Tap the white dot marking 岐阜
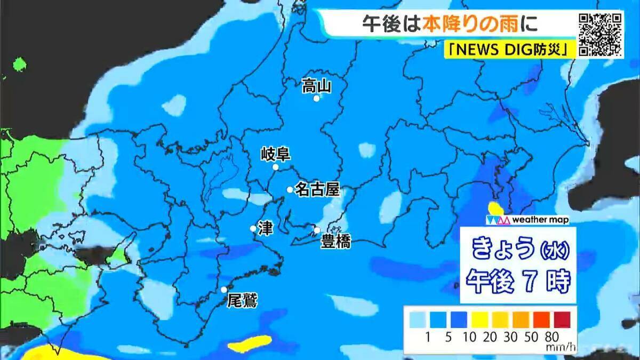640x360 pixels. pos(276,167)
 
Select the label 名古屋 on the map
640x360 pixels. pos(317,189)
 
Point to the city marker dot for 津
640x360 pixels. pos(253,228)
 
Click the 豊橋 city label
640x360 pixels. pos(335,243)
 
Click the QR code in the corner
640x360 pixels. pos(601,33)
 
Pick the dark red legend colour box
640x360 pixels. pos(562,320)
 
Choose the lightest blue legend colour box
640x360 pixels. pos(418,320)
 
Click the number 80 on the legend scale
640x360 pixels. pos(552,337)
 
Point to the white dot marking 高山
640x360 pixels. pos(316,99)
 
